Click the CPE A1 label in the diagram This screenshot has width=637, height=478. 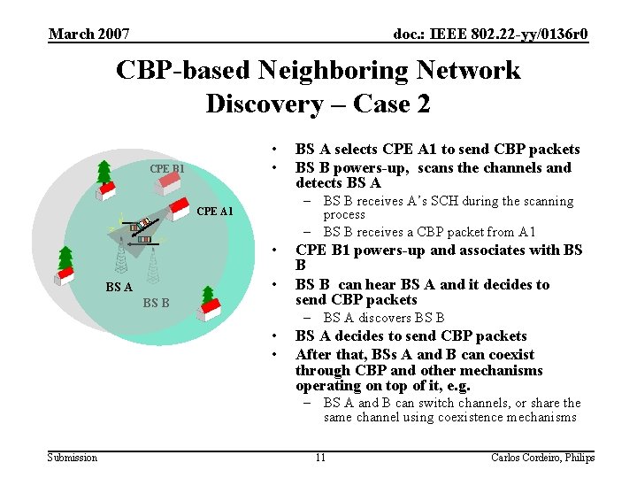(215, 211)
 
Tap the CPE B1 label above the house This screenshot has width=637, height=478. (167, 168)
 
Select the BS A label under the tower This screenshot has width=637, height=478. (119, 287)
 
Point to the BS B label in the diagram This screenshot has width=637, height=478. (157, 303)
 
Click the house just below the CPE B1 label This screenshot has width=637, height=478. (168, 183)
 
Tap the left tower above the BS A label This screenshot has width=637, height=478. (120, 258)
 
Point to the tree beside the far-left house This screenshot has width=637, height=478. (65, 259)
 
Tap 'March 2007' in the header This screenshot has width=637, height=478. (89, 34)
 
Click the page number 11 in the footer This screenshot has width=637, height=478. (320, 457)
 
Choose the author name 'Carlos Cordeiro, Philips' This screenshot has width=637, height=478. (542, 457)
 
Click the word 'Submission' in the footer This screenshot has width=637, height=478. (73, 457)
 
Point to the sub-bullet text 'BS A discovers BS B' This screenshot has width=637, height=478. (384, 318)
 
